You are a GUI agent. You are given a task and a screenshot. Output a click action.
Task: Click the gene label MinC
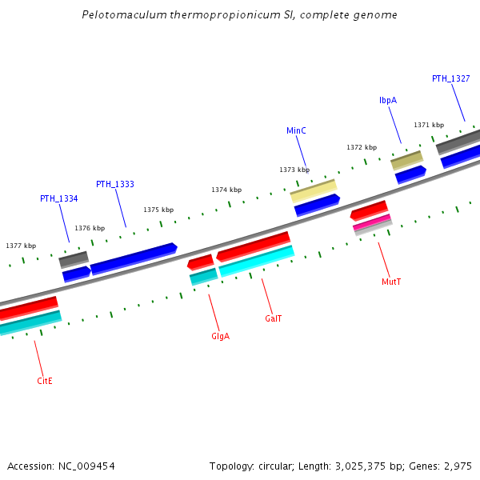[296, 130]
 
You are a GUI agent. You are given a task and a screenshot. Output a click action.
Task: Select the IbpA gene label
[388, 100]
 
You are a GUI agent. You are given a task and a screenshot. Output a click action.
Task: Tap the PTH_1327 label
[450, 78]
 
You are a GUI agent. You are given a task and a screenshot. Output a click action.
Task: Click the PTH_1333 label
[114, 184]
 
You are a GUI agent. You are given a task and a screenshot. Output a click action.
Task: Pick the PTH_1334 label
[58, 198]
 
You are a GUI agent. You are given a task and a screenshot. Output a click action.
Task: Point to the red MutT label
[391, 282]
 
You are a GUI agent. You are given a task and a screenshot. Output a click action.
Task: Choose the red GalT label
[273, 318]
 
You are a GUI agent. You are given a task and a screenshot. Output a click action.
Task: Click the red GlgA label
[220, 336]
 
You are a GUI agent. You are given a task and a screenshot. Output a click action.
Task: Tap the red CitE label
[45, 381]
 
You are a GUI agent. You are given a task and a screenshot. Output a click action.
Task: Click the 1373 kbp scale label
[294, 170]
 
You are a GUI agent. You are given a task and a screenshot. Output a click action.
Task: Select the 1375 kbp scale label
[158, 210]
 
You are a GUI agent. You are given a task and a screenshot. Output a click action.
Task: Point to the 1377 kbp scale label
[21, 246]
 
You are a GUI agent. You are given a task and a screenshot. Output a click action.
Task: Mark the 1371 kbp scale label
[428, 125]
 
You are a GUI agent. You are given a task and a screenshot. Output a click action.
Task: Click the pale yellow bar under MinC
[313, 190]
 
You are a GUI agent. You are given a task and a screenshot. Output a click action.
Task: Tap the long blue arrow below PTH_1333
[133, 258]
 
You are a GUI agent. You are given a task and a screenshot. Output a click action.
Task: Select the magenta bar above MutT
[372, 222]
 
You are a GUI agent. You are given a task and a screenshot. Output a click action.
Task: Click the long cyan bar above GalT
[256, 262]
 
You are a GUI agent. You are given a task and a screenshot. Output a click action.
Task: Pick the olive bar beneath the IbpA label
[406, 159]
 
